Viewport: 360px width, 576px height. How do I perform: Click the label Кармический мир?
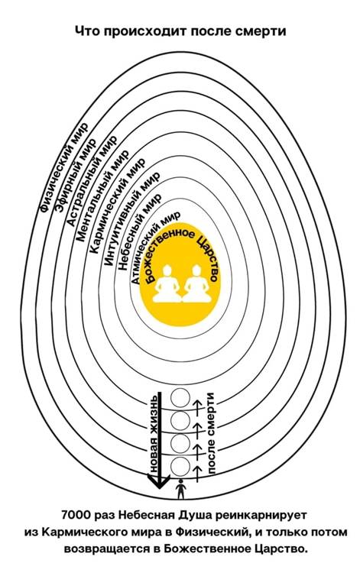(x=117, y=206)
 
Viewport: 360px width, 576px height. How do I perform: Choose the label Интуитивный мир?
(x=132, y=219)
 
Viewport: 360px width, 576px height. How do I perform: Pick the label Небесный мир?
(x=139, y=232)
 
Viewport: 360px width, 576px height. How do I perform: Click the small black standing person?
(x=180, y=489)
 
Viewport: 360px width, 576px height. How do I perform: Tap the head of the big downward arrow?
(x=158, y=481)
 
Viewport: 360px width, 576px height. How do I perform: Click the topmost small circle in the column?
(x=180, y=398)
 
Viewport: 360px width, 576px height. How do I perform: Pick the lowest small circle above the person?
(x=180, y=466)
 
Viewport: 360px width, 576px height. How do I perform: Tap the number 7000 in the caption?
(x=76, y=515)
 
